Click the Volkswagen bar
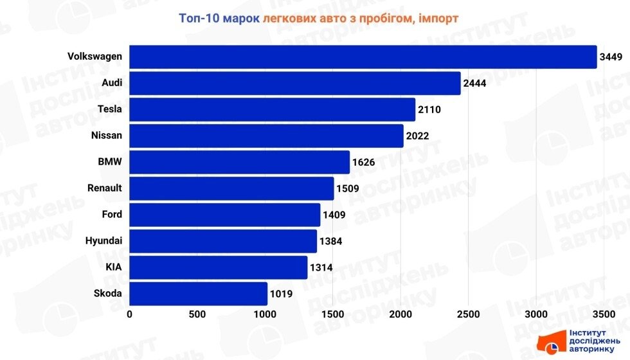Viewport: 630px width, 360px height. click(363, 57)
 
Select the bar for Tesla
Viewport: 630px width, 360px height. click(273, 109)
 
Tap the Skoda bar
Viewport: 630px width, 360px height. click(199, 294)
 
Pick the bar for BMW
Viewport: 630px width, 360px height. click(240, 162)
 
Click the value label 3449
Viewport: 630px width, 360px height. click(611, 57)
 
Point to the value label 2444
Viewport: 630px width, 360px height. click(475, 84)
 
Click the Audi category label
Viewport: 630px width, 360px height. click(112, 83)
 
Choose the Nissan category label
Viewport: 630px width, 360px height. click(107, 136)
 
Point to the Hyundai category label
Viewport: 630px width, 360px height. click(104, 241)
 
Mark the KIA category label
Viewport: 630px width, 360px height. click(114, 267)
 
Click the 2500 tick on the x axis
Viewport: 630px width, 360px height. click(468, 314)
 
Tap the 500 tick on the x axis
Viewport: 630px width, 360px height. click(197, 314)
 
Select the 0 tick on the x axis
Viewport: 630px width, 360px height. click(130, 314)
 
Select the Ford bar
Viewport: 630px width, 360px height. click(225, 215)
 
